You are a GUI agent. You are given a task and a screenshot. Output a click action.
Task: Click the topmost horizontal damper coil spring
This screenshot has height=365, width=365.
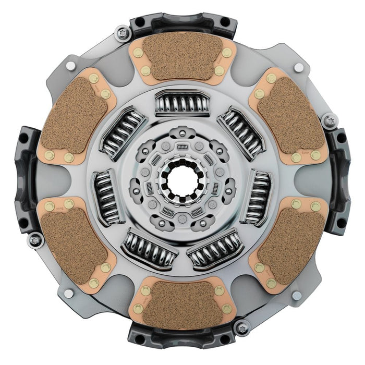(182, 103)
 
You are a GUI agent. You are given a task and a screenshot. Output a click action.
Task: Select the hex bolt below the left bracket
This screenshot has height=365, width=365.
(35, 240)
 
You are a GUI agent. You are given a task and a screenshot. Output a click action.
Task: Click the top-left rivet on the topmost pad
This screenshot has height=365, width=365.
(138, 53)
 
